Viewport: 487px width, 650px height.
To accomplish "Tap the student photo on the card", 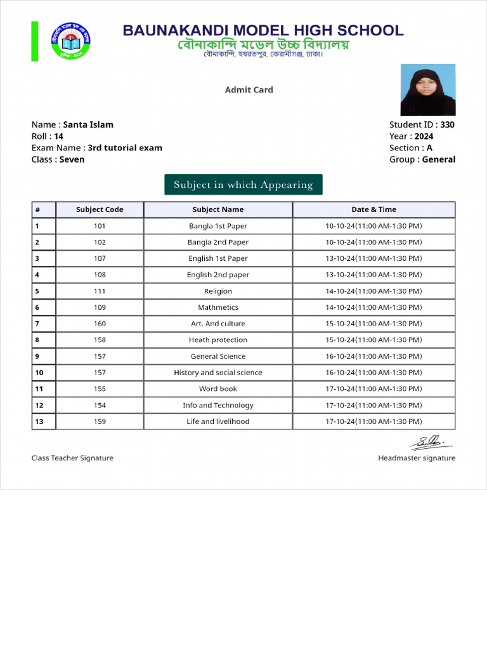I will click(x=427, y=90).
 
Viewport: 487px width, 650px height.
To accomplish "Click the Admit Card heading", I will click(x=249, y=90).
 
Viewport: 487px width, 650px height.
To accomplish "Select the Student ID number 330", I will click(x=447, y=125).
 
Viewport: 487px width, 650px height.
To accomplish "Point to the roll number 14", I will click(x=58, y=136).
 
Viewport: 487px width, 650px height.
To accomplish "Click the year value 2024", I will click(x=424, y=136).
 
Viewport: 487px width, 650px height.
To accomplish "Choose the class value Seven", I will click(x=72, y=159).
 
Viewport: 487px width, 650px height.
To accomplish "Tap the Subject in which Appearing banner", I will click(x=243, y=185).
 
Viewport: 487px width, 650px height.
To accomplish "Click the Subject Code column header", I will click(x=100, y=209).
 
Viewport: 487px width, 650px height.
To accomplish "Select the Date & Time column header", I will click(x=373, y=209).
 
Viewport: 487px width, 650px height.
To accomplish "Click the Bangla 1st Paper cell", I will click(x=218, y=226).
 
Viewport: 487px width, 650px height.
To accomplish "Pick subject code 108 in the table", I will click(x=100, y=275).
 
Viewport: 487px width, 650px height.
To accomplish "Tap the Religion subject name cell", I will click(x=218, y=291).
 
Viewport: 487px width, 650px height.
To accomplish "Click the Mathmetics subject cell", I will click(x=218, y=307).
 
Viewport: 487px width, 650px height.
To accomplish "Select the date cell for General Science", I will click(x=373, y=356).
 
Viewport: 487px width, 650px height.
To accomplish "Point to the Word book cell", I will click(x=218, y=388).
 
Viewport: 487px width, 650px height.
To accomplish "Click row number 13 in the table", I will click(x=40, y=421).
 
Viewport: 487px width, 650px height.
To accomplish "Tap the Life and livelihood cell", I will click(x=218, y=421).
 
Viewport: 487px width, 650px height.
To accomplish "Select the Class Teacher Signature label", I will click(x=72, y=458).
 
